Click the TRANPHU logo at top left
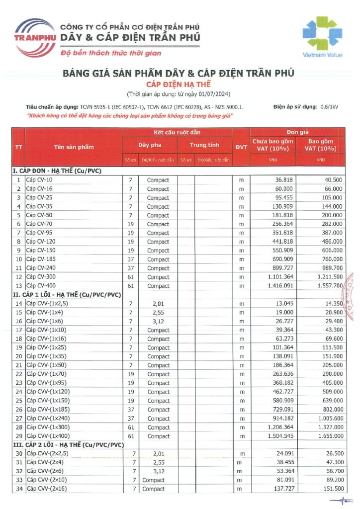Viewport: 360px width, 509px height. [x=34, y=36]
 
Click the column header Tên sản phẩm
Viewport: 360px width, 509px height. [x=74, y=147]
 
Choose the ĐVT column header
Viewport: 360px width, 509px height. [x=241, y=147]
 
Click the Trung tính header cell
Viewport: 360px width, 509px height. [x=204, y=145]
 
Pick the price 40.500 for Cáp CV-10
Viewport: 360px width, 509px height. [x=332, y=180]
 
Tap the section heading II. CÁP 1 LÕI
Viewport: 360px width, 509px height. [x=67, y=295]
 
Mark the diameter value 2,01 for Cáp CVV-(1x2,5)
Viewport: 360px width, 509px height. [x=158, y=304]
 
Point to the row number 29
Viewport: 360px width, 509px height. [x=18, y=436]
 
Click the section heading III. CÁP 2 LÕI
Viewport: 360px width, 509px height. [x=69, y=444]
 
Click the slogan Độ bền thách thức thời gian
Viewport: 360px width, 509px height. [x=110, y=53]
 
